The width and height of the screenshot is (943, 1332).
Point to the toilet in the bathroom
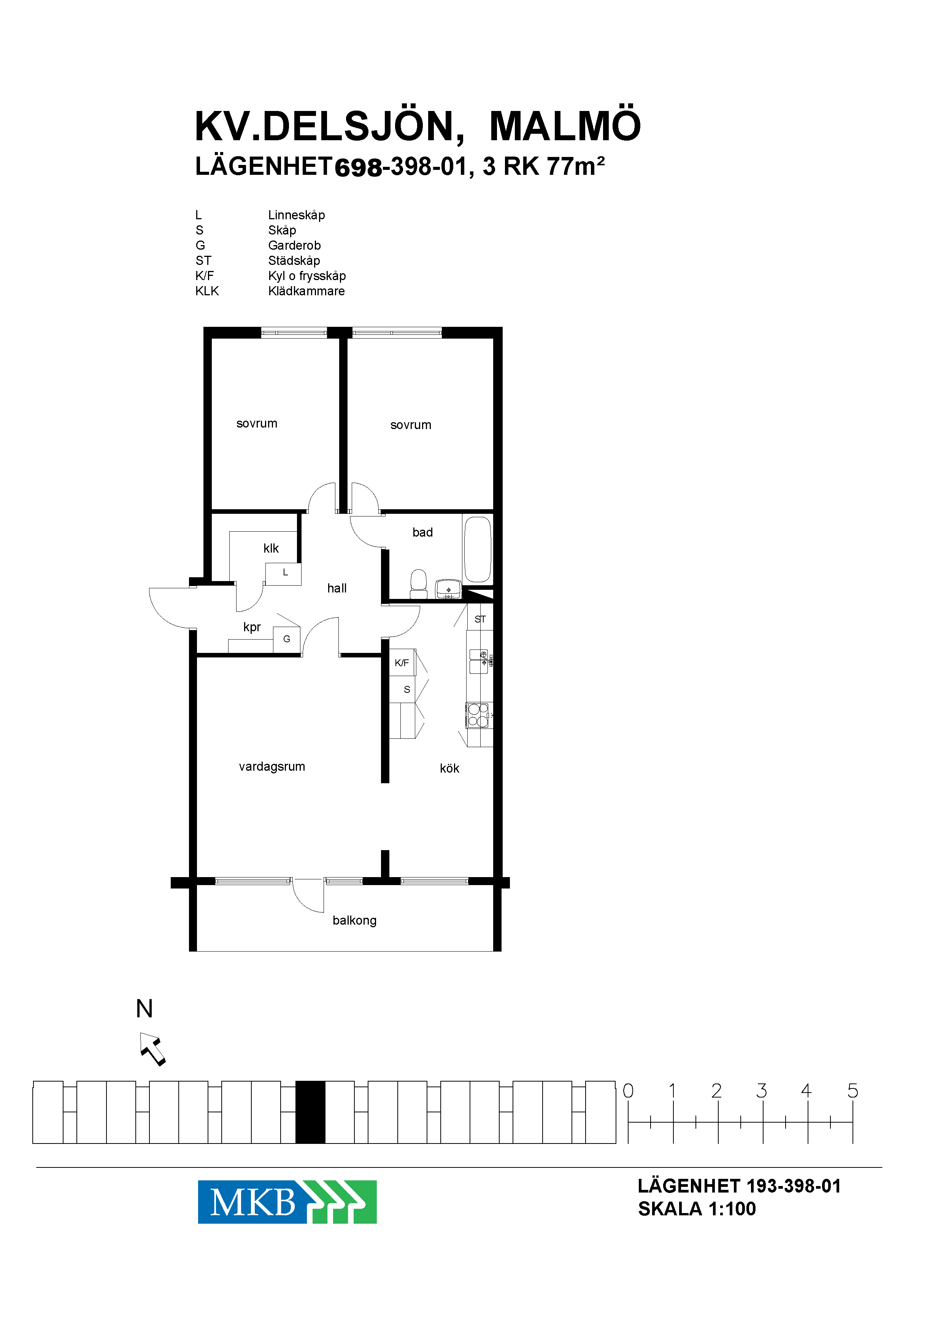click(x=418, y=583)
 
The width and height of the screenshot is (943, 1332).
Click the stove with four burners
click(x=478, y=715)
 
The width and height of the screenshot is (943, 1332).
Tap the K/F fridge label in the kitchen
click(x=402, y=663)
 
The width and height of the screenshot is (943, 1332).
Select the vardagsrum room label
click(x=272, y=767)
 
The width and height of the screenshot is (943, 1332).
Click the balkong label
click(x=354, y=920)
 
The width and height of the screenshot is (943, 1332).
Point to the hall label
click(x=337, y=589)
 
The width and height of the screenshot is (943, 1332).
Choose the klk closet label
click(x=271, y=548)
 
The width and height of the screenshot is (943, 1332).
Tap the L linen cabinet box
click(x=283, y=573)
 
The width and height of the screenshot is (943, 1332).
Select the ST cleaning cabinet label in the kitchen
click(x=479, y=619)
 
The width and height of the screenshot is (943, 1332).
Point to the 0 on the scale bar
click(x=628, y=1091)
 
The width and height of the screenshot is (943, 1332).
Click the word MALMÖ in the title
click(x=565, y=125)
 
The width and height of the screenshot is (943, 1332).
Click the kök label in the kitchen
click(x=449, y=768)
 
